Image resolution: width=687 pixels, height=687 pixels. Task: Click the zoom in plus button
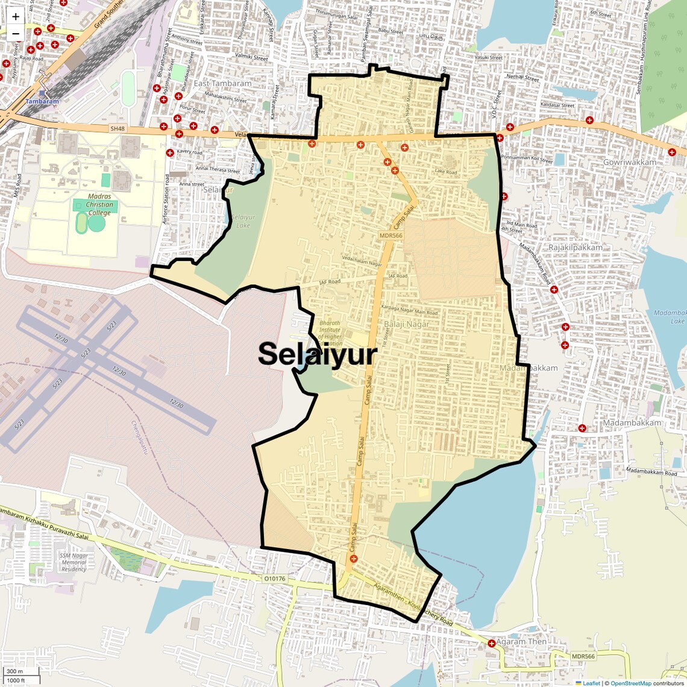(16, 17)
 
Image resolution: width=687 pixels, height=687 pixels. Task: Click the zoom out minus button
(16, 34)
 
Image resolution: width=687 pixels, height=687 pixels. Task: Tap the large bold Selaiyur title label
(318, 355)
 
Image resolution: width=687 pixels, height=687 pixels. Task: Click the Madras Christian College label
(99, 204)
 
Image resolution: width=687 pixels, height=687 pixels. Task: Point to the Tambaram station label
(42, 101)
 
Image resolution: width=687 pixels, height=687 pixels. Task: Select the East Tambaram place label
(222, 84)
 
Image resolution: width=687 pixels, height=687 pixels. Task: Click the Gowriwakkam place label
(630, 162)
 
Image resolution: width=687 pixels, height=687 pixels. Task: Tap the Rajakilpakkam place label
(575, 248)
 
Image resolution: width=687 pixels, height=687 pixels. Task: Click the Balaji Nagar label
(407, 324)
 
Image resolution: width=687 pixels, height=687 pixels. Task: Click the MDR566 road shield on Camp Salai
(391, 236)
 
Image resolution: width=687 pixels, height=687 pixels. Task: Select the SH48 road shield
(118, 128)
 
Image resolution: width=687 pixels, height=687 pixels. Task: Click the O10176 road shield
(275, 579)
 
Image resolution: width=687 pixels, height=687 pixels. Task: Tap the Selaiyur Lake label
(243, 221)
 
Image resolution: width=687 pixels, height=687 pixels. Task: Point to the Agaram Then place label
(521, 642)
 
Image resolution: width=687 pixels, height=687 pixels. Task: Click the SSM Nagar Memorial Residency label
(74, 562)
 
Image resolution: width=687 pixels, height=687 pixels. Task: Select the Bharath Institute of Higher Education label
(330, 333)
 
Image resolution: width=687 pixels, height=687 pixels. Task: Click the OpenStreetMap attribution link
(630, 683)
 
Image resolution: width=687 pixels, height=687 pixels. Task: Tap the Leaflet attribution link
(591, 683)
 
